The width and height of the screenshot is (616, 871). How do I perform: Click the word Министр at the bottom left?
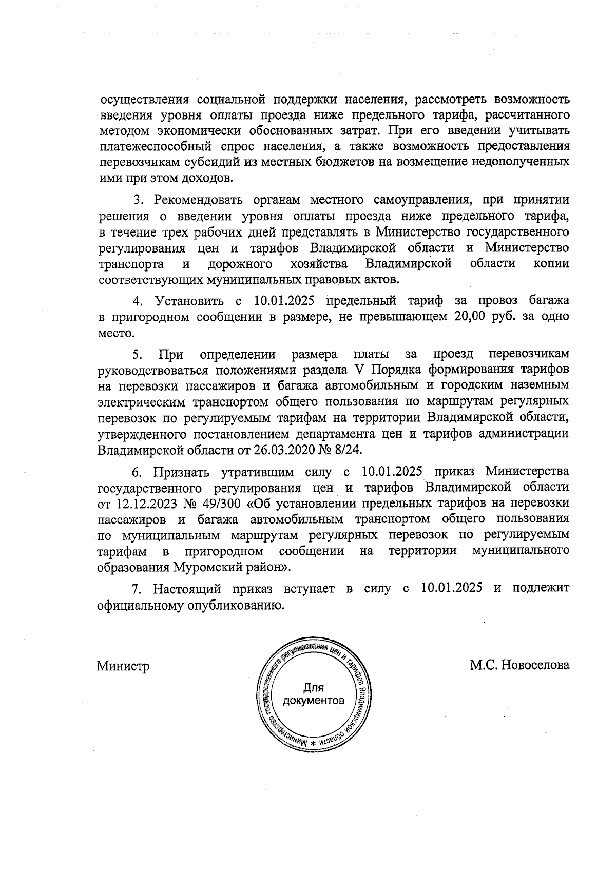(123, 666)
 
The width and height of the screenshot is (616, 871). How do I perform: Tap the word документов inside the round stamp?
(314, 700)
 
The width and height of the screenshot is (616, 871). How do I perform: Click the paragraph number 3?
(137, 199)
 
